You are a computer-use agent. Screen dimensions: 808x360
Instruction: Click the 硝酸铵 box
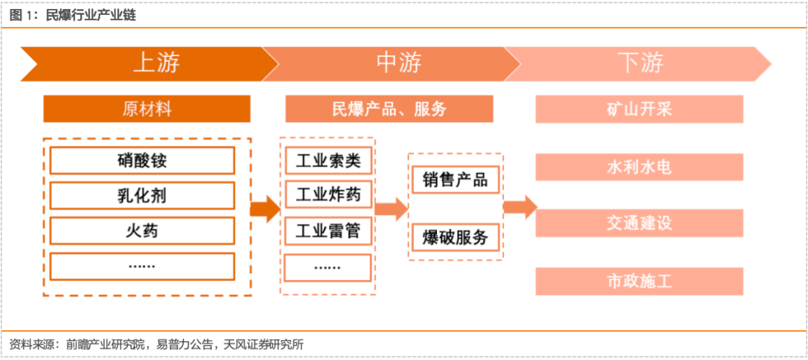click(x=142, y=161)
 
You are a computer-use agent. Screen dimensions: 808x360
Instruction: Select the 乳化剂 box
click(x=142, y=196)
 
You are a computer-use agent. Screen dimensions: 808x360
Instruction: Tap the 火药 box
click(x=142, y=231)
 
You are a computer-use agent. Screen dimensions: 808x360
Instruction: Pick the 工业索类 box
click(x=328, y=161)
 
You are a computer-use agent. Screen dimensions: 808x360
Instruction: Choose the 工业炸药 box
click(x=328, y=195)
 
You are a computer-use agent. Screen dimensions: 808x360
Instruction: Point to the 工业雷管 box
click(x=328, y=231)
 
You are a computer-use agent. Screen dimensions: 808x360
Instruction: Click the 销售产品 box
click(x=456, y=180)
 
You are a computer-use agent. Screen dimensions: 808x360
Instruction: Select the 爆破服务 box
click(x=456, y=237)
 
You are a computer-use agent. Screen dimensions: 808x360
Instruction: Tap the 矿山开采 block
click(x=639, y=109)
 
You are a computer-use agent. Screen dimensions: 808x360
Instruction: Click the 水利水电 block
click(x=639, y=167)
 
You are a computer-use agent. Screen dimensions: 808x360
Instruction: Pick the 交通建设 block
click(x=639, y=223)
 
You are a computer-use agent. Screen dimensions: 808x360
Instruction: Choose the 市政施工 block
click(x=639, y=281)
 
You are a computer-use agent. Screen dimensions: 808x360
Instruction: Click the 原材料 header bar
click(x=147, y=109)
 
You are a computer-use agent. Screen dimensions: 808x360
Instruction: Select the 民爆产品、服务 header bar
click(x=389, y=109)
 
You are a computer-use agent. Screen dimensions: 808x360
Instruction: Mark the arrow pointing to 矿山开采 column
click(x=520, y=207)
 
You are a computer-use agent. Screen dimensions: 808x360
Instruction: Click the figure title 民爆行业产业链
click(x=91, y=16)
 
